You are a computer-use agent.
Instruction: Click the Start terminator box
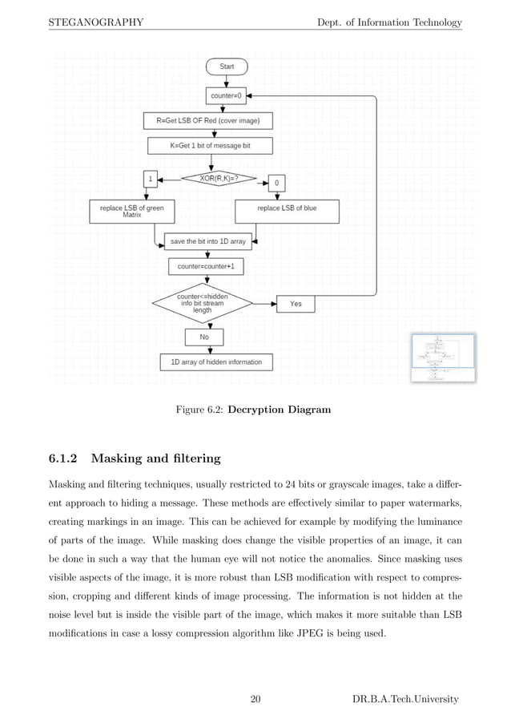pyautogui.click(x=227, y=67)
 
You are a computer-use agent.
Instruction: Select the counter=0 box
pyautogui.click(x=227, y=95)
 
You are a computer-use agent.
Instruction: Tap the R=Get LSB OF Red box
pyautogui.click(x=207, y=121)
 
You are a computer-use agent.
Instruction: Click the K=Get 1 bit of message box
pyautogui.click(x=210, y=146)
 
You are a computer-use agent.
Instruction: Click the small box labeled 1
pyautogui.click(x=150, y=179)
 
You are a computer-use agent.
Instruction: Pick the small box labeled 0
pyautogui.click(x=276, y=184)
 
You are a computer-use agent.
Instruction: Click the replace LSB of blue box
pyautogui.click(x=286, y=210)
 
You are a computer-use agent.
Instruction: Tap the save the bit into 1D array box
pyautogui.click(x=208, y=240)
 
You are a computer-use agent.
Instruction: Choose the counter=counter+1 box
pyautogui.click(x=206, y=266)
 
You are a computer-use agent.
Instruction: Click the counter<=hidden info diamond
pyautogui.click(x=202, y=303)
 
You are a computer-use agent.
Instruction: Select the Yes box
pyautogui.click(x=296, y=304)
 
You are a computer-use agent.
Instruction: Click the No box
pyautogui.click(x=203, y=337)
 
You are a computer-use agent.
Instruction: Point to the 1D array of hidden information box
pyautogui.click(x=215, y=362)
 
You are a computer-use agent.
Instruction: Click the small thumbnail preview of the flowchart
pyautogui.click(x=443, y=357)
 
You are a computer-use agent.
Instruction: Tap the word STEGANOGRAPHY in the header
pyautogui.click(x=95, y=22)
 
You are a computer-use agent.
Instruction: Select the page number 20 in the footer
pyautogui.click(x=255, y=700)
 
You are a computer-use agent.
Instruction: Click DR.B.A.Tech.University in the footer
pyautogui.click(x=405, y=700)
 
